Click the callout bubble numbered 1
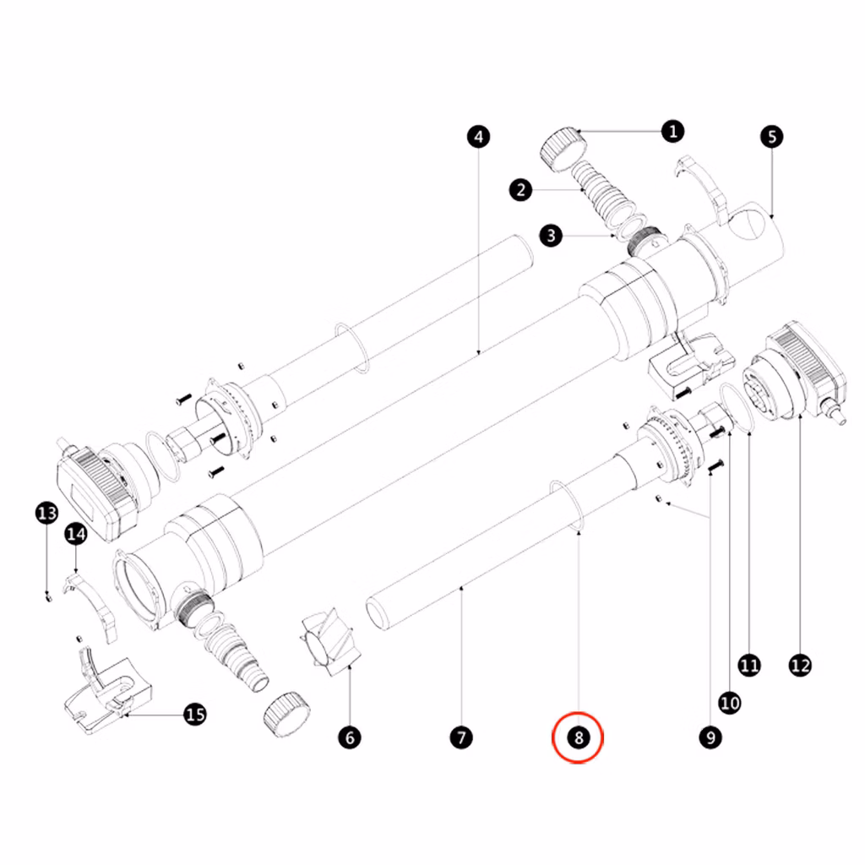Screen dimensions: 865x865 (672, 131)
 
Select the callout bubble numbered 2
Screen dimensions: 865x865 (520, 190)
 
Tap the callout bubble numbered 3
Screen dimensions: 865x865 (551, 236)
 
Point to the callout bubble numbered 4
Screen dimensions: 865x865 (478, 137)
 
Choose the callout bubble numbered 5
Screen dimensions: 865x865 (772, 137)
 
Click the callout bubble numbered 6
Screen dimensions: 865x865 (350, 737)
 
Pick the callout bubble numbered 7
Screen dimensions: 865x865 (461, 737)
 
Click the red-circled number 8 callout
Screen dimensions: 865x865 (578, 737)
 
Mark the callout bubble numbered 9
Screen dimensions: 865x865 (710, 737)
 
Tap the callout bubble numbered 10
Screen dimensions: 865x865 (730, 703)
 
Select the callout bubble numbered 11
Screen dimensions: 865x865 (749, 666)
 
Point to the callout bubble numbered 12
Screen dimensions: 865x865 (800, 666)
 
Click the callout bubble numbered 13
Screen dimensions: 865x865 (47, 513)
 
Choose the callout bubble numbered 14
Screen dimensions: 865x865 (75, 534)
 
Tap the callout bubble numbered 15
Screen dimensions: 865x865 (195, 715)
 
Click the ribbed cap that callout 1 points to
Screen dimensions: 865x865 (563, 150)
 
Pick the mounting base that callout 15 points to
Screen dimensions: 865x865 (108, 689)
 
